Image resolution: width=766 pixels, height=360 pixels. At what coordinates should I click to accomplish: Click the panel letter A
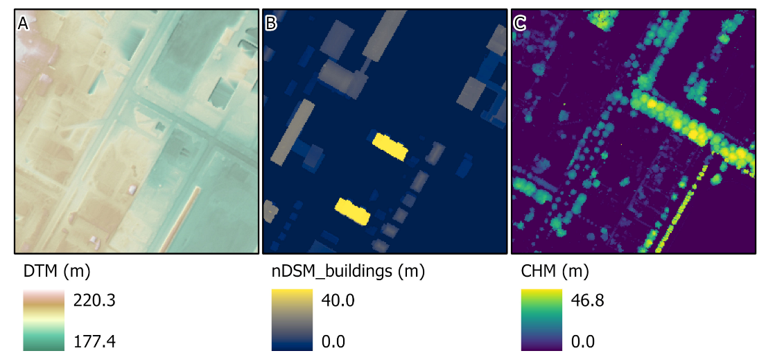coord(23,24)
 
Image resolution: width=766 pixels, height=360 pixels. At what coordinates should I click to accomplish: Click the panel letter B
coord(271,24)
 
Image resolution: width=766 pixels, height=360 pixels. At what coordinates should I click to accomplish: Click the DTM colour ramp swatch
coord(44,320)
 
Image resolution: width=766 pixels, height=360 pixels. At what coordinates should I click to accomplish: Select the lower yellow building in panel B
coord(353,211)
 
